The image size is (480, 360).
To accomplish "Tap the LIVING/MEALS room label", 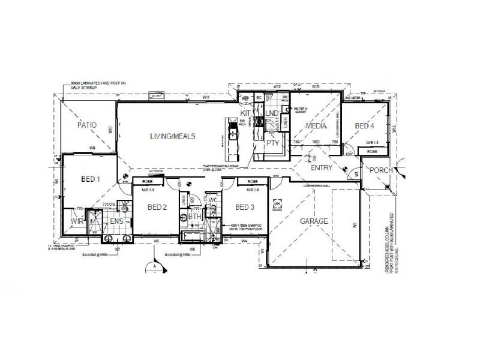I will point(173,136).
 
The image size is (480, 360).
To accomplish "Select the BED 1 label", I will point(90,178).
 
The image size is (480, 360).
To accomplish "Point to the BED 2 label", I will point(157,208).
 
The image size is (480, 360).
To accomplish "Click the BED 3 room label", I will point(245,208).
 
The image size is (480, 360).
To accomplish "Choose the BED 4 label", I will point(364,125).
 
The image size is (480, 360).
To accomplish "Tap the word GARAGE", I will point(314,221).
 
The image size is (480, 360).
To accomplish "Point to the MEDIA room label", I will point(316,126).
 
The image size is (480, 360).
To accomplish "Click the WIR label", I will point(76,221).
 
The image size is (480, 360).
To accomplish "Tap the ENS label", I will point(116,221).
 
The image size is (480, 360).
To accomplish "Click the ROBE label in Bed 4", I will point(372,152).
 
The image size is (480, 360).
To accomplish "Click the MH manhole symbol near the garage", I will point(277,204).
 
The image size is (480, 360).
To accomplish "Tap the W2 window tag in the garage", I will point(355,225).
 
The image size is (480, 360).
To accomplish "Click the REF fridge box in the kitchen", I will point(245,97).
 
